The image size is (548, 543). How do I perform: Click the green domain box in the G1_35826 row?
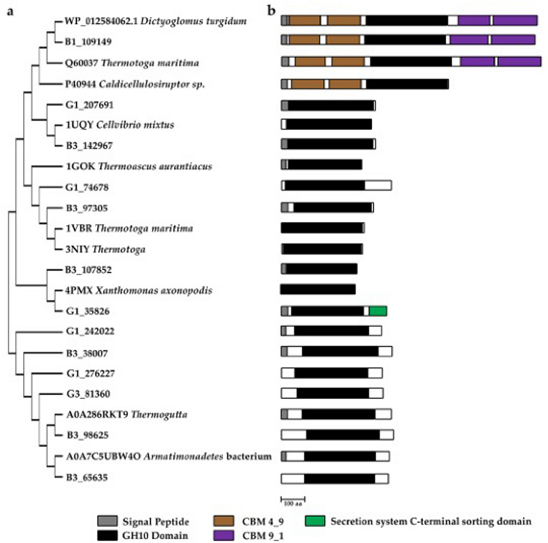(378, 311)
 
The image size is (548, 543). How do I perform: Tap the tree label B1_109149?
(88, 42)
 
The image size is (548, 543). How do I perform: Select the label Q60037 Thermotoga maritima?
(132, 63)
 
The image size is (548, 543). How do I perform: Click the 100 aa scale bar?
(293, 500)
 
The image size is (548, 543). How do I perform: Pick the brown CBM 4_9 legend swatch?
(224, 521)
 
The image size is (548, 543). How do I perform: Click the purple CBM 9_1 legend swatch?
(224, 535)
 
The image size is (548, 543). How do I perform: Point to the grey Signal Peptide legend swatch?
(108, 521)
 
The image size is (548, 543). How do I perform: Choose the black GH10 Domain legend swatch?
(108, 535)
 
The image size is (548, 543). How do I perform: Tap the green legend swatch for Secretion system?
(315, 521)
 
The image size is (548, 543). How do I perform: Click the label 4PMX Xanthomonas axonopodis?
(139, 290)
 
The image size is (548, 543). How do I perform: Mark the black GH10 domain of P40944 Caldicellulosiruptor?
(407, 84)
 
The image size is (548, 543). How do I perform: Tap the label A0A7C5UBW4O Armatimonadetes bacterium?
(169, 456)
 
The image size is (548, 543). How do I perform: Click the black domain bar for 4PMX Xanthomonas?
(318, 289)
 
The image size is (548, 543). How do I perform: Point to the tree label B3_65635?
(87, 477)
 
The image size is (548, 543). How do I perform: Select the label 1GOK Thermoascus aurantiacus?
(139, 166)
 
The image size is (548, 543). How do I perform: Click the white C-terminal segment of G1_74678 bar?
(378, 185)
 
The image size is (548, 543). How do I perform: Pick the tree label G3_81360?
(88, 394)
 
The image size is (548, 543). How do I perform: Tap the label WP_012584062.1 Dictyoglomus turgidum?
(156, 21)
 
